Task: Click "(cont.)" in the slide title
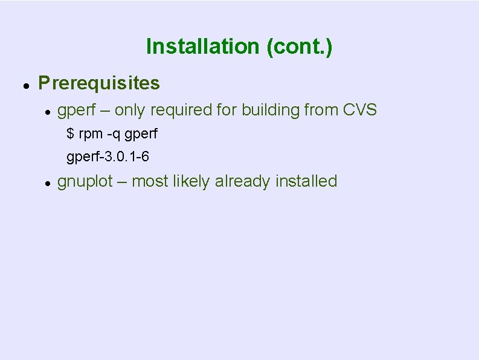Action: tap(299, 47)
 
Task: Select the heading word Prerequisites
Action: tap(99, 83)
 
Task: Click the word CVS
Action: tap(360, 110)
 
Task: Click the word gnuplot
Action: tap(85, 181)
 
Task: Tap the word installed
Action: tap(306, 181)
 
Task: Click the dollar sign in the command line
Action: tap(70, 133)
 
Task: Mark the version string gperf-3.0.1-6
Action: tap(108, 157)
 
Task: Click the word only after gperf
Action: tap(130, 110)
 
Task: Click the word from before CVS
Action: tap(321, 110)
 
